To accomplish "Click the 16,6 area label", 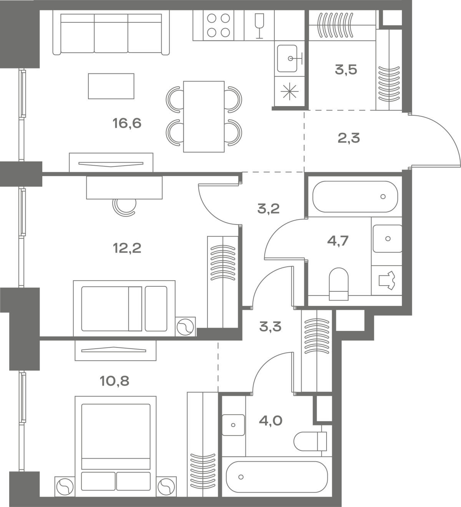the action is tap(127, 123).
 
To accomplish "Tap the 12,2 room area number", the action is tap(127, 248).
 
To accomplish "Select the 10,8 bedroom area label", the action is tap(114, 381).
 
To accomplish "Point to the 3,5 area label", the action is tap(346, 70).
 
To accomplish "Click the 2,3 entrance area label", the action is tap(349, 138).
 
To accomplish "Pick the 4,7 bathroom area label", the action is tap(338, 241).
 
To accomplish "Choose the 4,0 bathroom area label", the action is tap(270, 421).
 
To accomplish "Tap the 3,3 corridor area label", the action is tap(270, 326).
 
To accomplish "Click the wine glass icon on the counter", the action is tap(259, 26).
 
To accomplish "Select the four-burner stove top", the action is tap(219, 25).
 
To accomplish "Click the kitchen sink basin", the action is tap(287, 59).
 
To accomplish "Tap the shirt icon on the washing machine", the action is tap(386, 280).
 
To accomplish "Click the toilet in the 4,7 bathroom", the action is tap(339, 284).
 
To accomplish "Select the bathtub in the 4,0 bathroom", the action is tap(277, 477).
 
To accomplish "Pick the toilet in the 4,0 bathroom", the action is tap(310, 441).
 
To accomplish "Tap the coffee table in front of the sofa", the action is tap(111, 86).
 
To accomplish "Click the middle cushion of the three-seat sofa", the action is tap(111, 33).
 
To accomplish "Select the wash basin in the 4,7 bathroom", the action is tap(388, 239).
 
